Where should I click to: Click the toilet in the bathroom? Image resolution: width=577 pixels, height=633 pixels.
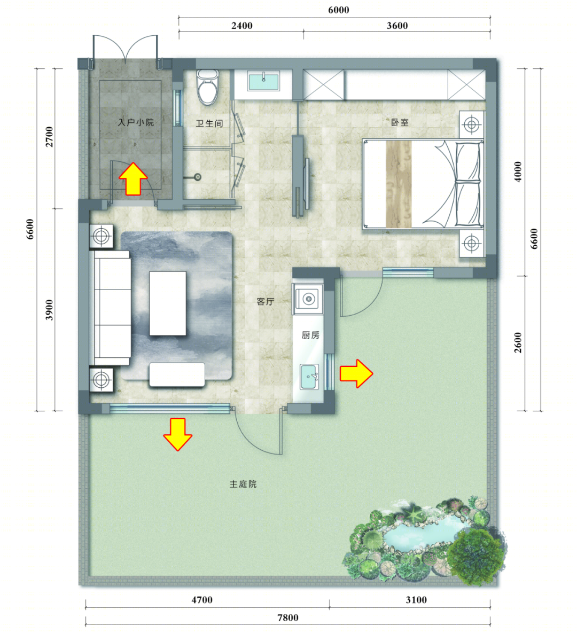tap(207, 87)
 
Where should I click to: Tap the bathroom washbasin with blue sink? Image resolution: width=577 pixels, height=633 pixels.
tap(263, 82)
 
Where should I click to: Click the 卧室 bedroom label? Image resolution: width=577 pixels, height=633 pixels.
tap(400, 122)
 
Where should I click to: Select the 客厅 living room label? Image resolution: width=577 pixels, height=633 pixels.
tap(266, 302)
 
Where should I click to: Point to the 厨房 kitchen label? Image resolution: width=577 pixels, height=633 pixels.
tap(310, 335)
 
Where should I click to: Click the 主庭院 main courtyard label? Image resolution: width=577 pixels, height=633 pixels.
tap(243, 484)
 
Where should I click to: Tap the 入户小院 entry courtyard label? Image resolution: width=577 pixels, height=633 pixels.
tap(136, 122)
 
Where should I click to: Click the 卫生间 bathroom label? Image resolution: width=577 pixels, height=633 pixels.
tap(209, 123)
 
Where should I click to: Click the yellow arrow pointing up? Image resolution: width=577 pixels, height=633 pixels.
tap(133, 179)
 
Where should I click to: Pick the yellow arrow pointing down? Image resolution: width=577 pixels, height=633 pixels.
tap(178, 434)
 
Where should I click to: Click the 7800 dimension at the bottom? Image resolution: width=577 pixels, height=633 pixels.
tap(287, 618)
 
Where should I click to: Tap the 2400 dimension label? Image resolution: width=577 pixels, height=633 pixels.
tap(242, 26)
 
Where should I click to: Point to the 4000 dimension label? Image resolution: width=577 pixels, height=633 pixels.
tap(518, 172)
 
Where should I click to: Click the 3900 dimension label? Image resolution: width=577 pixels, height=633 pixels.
tap(49, 310)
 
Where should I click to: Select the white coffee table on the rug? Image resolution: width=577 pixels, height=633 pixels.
tap(168, 303)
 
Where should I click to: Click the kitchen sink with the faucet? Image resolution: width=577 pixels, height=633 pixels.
tap(309, 377)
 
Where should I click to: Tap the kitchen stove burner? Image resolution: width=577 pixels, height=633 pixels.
tap(309, 299)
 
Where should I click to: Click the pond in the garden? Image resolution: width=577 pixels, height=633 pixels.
tap(422, 535)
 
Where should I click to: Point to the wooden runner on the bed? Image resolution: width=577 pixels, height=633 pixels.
tap(399, 184)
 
